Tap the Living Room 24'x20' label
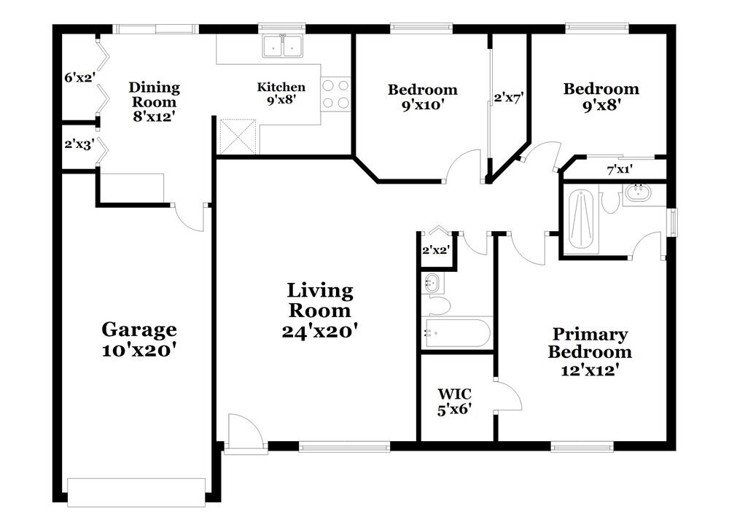tap(320, 311)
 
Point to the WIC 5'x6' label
tap(454, 402)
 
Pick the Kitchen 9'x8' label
tap(281, 93)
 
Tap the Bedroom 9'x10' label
tap(423, 97)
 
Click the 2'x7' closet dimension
tap(509, 98)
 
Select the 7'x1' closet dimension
tap(620, 170)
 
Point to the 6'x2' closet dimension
tap(79, 77)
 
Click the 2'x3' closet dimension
tap(79, 144)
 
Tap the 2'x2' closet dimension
tap(436, 250)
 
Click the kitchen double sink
tap(283, 45)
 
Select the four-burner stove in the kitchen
tap(335, 94)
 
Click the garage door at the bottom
tap(136, 492)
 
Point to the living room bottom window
tap(344, 447)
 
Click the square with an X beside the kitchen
tap(238, 136)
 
